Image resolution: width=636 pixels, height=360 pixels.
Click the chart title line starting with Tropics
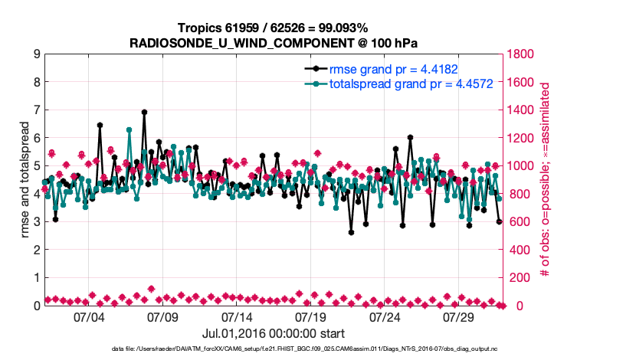pos(273,28)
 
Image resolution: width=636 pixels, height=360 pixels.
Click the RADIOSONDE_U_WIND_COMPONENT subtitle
pos(273,42)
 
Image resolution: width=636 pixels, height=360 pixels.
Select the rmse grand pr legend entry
pos(392,67)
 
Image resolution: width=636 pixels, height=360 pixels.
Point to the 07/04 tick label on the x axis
pos(88,316)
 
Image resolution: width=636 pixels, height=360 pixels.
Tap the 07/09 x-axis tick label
pos(162,316)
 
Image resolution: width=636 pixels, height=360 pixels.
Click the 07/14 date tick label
pos(237,316)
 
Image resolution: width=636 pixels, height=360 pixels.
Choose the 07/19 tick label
pos(311,316)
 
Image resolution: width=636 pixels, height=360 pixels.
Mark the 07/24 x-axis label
pos(385,316)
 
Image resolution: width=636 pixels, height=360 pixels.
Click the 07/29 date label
pos(459,316)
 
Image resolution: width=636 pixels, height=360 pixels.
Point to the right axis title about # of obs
pos(546,180)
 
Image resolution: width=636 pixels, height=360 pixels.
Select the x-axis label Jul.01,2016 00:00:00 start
pos(273,333)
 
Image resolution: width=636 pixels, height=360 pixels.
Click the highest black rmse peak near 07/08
pos(144,112)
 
